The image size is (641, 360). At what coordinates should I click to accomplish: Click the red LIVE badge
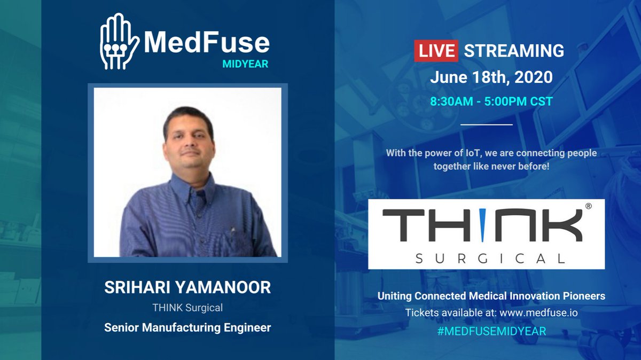[436, 51]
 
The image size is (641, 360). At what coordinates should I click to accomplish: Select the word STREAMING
[514, 51]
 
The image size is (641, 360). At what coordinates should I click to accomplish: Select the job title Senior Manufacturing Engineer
[187, 327]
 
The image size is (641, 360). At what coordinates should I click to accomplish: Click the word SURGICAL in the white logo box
[489, 259]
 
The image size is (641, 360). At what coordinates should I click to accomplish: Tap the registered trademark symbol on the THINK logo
[588, 206]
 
